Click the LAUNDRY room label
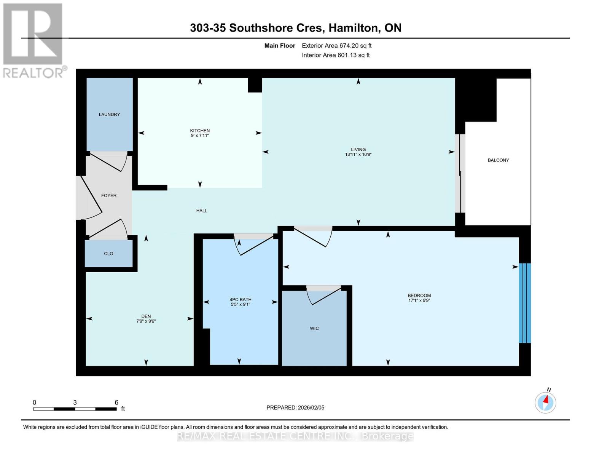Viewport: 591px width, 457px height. [109, 114]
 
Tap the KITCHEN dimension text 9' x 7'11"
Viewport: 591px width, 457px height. [200, 136]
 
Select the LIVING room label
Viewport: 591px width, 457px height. [358, 149]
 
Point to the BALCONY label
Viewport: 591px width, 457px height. [498, 160]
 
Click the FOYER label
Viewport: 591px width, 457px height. [109, 195]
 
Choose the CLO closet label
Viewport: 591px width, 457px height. [108, 254]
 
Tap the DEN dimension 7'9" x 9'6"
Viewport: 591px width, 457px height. [146, 321]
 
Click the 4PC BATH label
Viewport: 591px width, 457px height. [240, 299]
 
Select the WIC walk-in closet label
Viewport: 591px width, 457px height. [314, 328]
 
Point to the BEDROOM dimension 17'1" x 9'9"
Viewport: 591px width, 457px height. [419, 300]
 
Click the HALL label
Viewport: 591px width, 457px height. [202, 211]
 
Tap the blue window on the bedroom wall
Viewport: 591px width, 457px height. [525, 303]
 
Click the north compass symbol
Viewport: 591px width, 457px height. [545, 402]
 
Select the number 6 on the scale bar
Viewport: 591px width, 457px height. [116, 403]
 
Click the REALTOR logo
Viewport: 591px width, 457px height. [33, 40]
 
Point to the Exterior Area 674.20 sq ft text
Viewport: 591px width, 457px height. [336, 46]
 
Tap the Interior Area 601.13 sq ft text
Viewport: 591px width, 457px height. [336, 55]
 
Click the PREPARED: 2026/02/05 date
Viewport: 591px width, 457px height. [295, 407]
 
